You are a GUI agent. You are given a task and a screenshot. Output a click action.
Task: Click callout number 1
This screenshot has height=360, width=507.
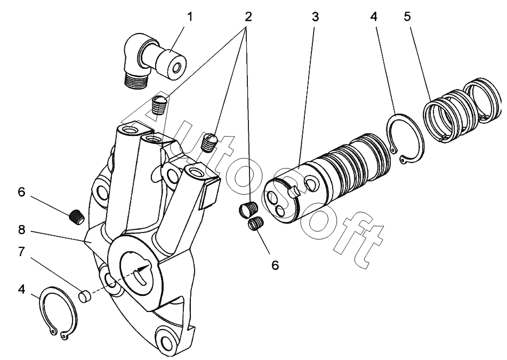click(x=190, y=17)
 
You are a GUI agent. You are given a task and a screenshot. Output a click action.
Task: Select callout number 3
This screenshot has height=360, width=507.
click(x=315, y=17)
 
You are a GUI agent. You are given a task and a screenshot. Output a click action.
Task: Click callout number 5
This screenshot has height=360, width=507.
click(x=407, y=17)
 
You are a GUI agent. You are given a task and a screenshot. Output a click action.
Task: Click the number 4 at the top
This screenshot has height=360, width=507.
click(x=374, y=17)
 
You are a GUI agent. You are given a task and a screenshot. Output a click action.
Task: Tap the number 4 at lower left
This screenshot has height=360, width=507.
click(x=21, y=291)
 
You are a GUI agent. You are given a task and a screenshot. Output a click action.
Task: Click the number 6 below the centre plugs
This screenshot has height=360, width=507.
click(x=275, y=264)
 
